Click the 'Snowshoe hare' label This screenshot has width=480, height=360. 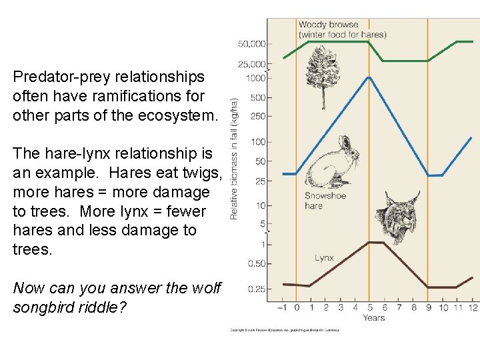tap(325, 201)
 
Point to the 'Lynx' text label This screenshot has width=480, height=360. tap(324, 258)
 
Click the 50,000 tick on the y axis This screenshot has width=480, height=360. tap(251, 44)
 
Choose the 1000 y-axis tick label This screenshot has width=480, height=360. tap(255, 78)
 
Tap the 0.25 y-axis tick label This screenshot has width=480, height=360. tap(256, 289)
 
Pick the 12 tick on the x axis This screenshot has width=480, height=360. tap(473, 307)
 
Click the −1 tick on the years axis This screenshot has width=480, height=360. tap(282, 307)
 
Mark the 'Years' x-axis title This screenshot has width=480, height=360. tap(374, 317)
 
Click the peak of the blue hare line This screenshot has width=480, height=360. tap(369, 77)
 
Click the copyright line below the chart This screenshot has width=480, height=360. tap(285, 330)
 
